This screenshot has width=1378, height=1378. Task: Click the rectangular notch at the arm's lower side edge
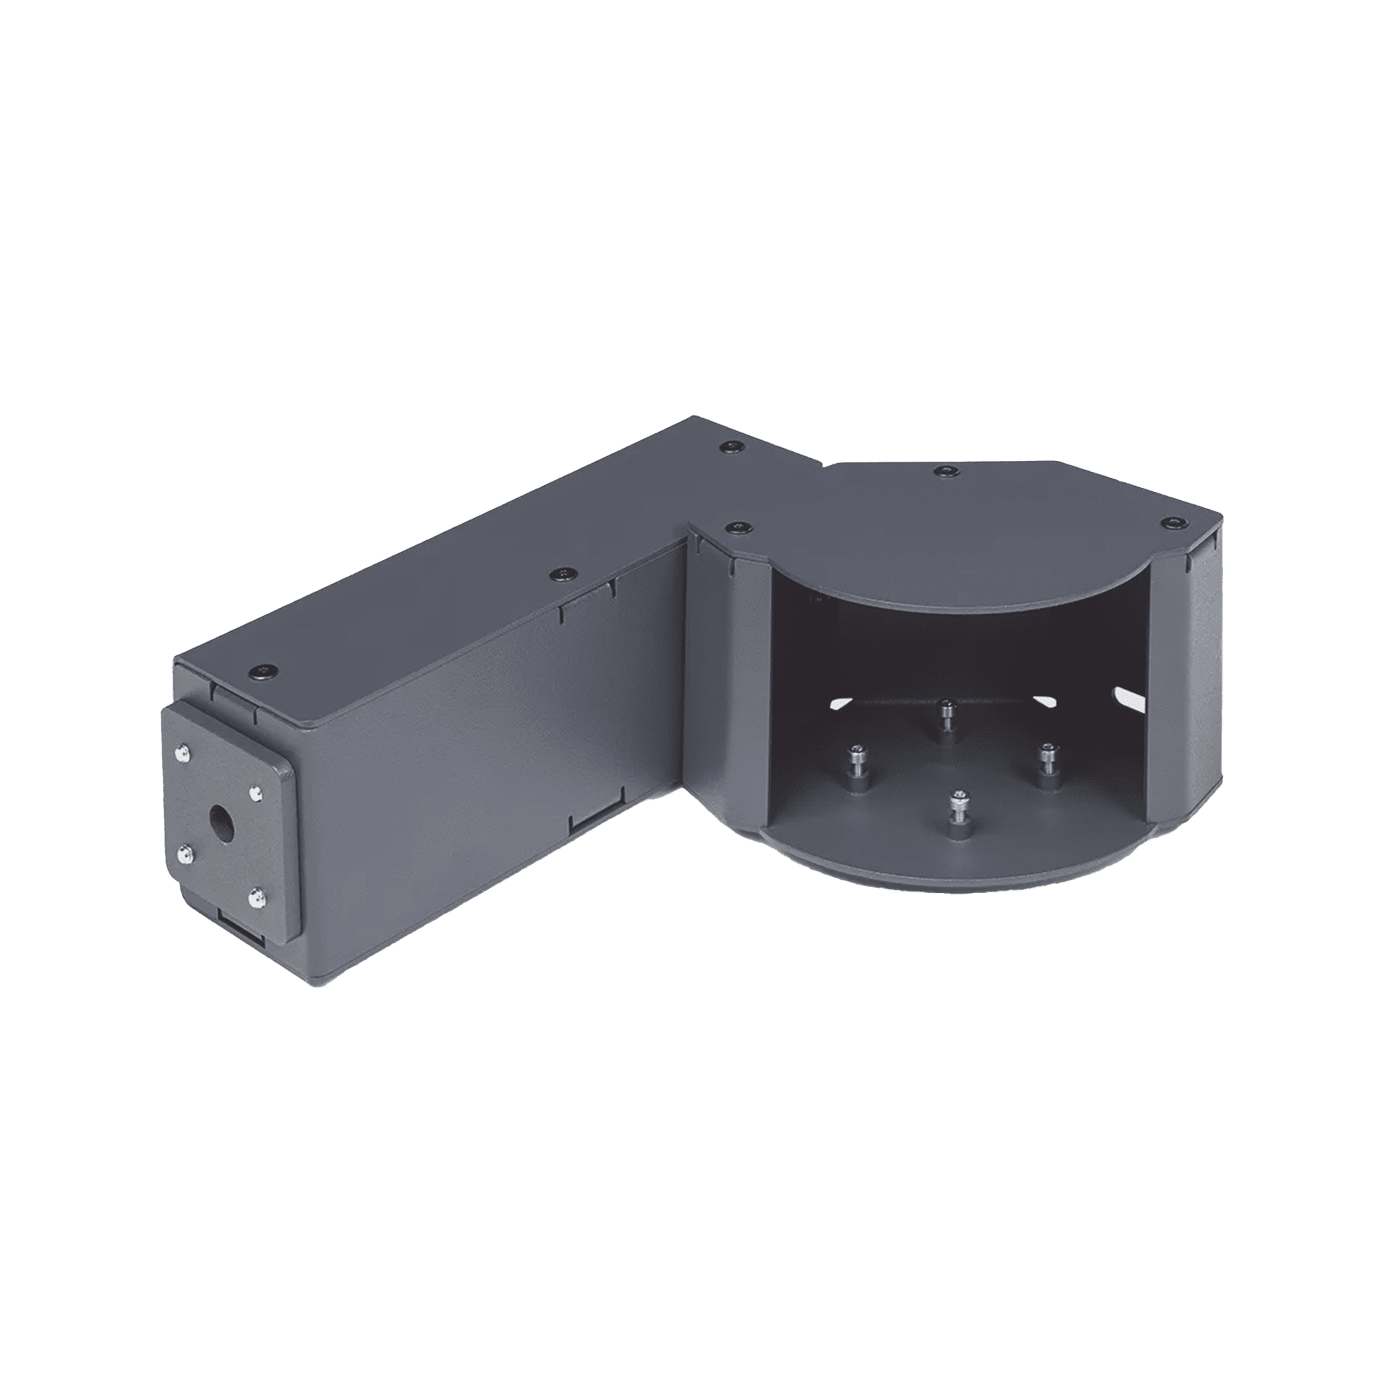click(x=592, y=825)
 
